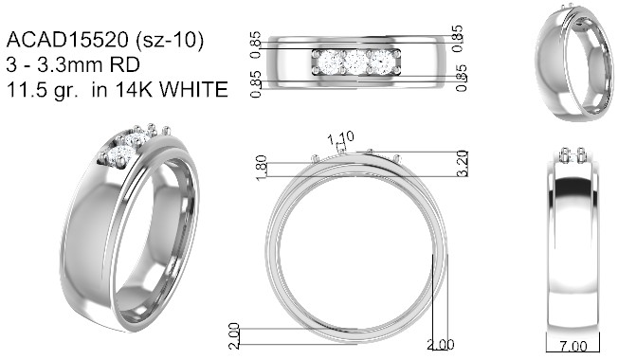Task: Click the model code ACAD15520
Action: click(x=67, y=40)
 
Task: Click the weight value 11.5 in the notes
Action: click(x=24, y=89)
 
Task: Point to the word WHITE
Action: click(x=193, y=89)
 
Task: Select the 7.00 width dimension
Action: click(x=573, y=346)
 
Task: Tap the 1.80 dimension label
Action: click(x=262, y=169)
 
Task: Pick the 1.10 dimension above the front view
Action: click(x=341, y=138)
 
